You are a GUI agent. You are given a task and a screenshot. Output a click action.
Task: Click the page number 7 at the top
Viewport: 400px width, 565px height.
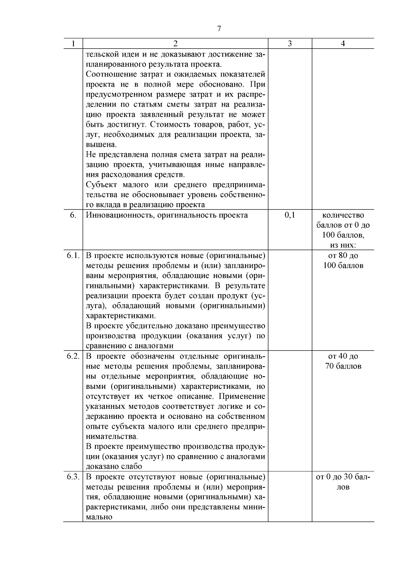click(219, 29)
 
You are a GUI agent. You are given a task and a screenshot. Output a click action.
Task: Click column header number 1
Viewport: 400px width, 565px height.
click(73, 44)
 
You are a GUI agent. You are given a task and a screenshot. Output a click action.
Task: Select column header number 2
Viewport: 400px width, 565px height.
click(175, 44)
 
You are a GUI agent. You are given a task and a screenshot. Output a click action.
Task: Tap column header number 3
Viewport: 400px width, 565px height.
click(290, 44)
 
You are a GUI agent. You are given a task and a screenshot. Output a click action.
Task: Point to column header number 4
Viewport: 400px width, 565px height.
click(343, 44)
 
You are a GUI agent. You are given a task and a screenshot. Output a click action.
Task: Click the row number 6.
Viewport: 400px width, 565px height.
click(73, 215)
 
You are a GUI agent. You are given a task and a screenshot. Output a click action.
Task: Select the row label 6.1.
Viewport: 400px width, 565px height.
click(73, 255)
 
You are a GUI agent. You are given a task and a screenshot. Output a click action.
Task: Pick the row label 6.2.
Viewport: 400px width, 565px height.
click(73, 356)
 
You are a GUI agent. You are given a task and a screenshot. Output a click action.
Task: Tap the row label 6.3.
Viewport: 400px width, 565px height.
click(73, 477)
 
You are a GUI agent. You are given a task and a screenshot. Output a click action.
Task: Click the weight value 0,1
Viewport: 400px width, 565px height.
click(290, 215)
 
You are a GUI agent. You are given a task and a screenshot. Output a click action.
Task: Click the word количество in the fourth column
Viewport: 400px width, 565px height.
click(343, 215)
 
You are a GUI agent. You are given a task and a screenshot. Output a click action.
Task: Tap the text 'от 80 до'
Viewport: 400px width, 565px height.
click(343, 255)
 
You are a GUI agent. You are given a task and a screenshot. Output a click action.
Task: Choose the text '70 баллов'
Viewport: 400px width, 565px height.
click(343, 366)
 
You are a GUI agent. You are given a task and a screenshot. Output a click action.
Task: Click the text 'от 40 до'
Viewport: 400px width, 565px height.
click(343, 356)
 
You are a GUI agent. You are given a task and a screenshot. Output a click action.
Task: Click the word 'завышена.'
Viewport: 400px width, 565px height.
click(101, 145)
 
